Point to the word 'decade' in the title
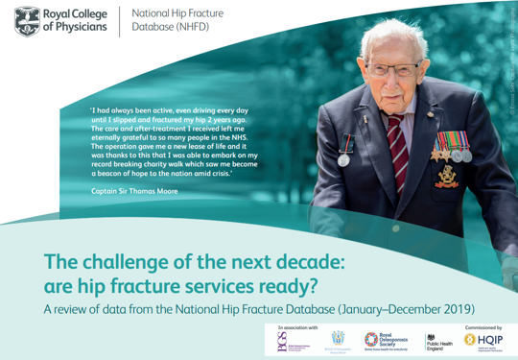[297, 259]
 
